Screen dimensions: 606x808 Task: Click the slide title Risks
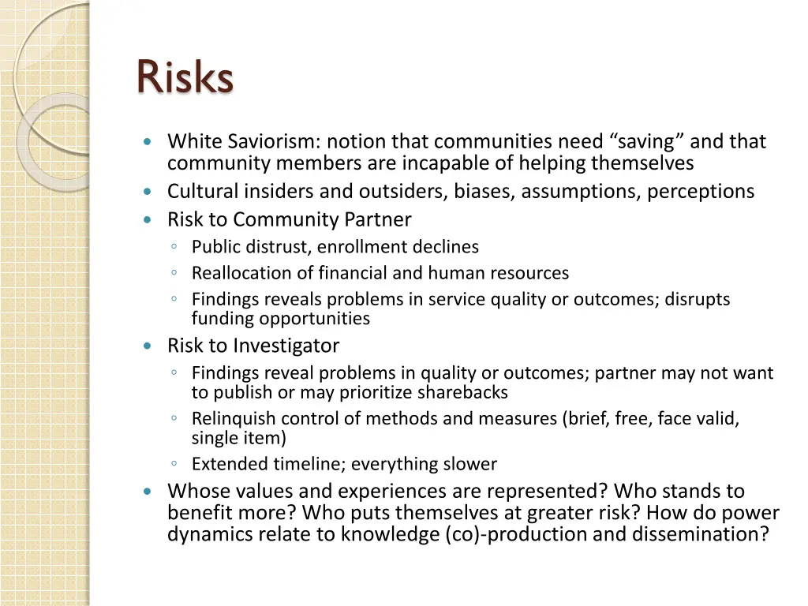185,77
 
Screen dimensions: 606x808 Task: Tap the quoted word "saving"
647,142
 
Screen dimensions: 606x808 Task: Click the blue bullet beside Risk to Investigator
148,346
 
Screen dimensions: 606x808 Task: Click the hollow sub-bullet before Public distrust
173,247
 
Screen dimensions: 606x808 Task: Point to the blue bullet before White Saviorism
148,142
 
